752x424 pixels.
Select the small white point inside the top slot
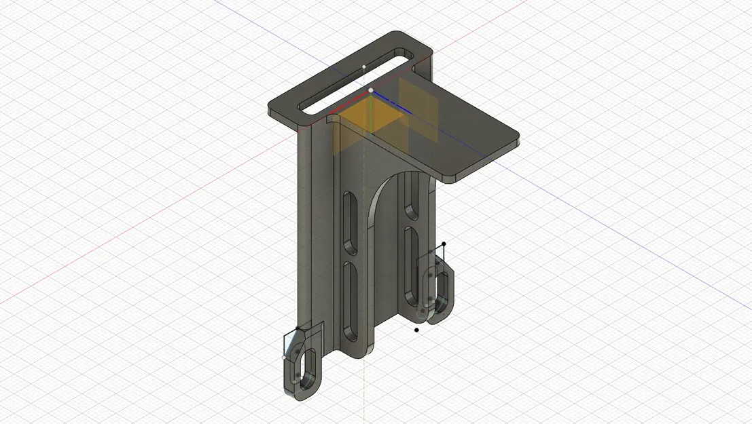[364, 66]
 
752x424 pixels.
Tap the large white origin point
[371, 90]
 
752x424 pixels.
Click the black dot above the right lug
[444, 244]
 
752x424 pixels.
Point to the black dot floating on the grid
[416, 330]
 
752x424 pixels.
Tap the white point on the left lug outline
[284, 357]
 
